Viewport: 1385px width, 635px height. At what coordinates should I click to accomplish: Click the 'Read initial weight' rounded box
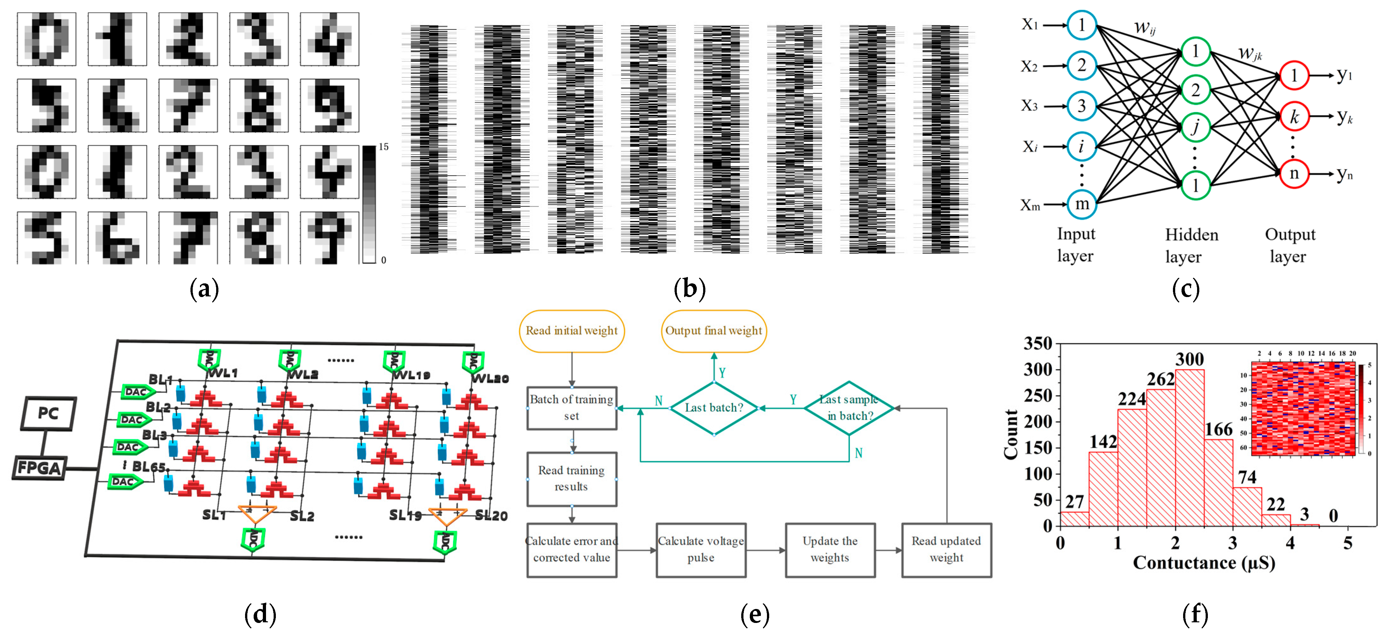coord(571,331)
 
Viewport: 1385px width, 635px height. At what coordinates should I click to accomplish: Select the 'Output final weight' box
coord(714,331)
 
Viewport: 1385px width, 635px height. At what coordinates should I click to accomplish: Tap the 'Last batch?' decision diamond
coord(714,408)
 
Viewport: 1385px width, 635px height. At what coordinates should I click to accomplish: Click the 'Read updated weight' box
coord(946,550)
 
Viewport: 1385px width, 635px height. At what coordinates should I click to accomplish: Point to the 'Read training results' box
coord(571,479)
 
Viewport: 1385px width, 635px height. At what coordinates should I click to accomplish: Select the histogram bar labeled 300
coord(1189,447)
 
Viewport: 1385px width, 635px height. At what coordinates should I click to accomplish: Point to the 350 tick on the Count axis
coord(1038,344)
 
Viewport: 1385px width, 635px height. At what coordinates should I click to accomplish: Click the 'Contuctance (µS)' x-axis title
coord(1204,563)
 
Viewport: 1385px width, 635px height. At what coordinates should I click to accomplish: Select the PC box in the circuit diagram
coord(48,413)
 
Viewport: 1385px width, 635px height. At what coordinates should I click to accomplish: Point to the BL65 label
coord(148,466)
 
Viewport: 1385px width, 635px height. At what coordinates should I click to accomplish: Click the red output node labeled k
coord(1294,116)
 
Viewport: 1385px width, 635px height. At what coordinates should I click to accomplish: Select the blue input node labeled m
coord(1082,204)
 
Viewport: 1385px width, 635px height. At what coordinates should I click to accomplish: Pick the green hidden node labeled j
coord(1195,128)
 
